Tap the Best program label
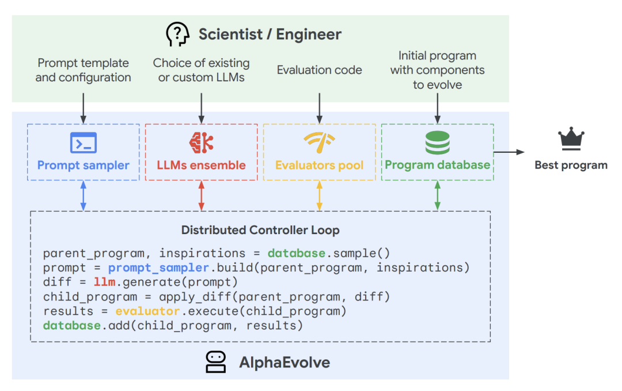tap(571, 166)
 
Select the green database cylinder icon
tap(437, 142)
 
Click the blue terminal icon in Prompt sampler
tap(84, 142)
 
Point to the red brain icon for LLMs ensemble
tap(201, 142)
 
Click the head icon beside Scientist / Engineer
tap(177, 35)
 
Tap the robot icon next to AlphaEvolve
tap(216, 362)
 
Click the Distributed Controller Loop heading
tap(260, 230)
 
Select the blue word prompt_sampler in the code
tap(158, 268)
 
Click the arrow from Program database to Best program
tap(509, 152)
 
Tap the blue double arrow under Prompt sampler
tap(84, 195)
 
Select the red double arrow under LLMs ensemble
tap(201, 195)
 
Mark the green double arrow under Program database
tap(437, 195)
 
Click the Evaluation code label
tap(319, 70)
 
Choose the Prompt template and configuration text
tap(84, 70)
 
